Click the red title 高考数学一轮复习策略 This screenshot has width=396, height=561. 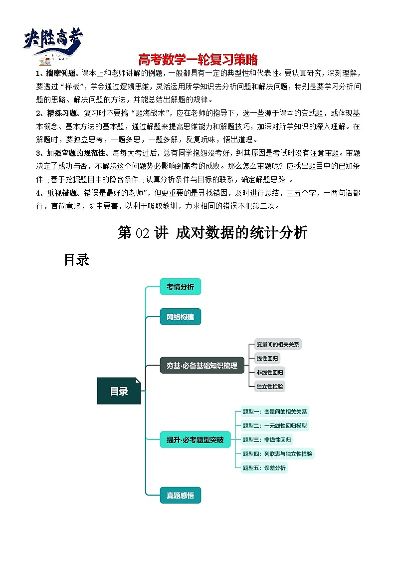198,60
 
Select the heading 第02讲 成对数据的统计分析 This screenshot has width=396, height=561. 212,233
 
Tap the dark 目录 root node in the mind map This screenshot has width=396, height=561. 119,391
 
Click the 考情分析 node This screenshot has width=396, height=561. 180,287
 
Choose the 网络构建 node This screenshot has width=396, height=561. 180,316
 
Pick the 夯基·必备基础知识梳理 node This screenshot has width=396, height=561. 202,365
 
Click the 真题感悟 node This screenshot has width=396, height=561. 180,496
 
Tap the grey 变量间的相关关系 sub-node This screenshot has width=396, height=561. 278,344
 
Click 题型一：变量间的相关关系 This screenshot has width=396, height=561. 274,412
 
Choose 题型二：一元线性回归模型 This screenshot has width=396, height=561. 274,426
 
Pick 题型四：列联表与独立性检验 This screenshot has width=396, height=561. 277,454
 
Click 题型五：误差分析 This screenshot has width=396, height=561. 264,468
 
